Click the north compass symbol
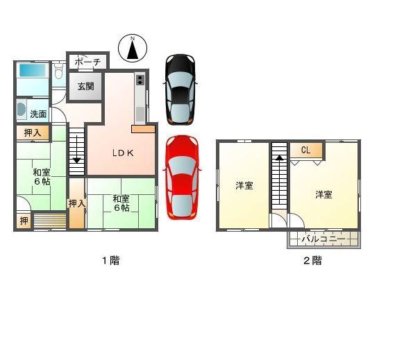(134, 48)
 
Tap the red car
(181, 176)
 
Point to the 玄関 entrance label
(87, 87)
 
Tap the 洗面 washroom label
(38, 114)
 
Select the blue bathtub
(32, 70)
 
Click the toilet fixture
(59, 71)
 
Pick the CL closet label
(305, 150)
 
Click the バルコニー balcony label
(324, 239)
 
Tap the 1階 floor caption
(110, 261)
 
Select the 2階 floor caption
(312, 261)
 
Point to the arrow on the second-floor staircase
(279, 157)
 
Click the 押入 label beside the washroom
(32, 132)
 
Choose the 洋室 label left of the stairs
(244, 186)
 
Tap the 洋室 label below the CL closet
(324, 194)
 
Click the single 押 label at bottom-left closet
(23, 221)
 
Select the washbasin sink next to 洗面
(21, 110)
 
